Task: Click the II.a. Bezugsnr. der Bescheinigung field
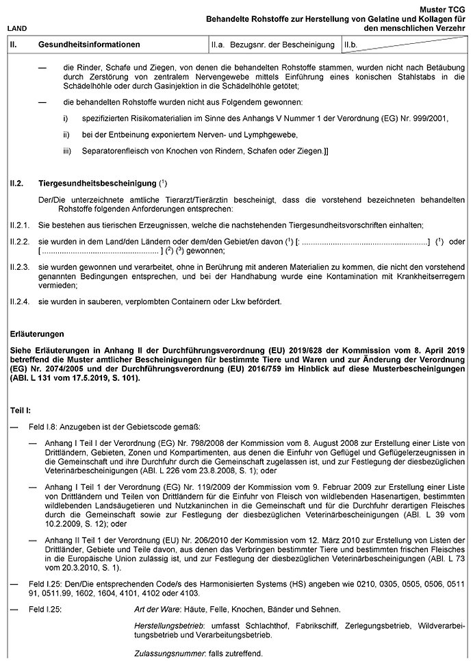[x=273, y=45]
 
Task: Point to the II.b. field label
[x=351, y=45]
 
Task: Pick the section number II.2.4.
[x=19, y=301]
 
